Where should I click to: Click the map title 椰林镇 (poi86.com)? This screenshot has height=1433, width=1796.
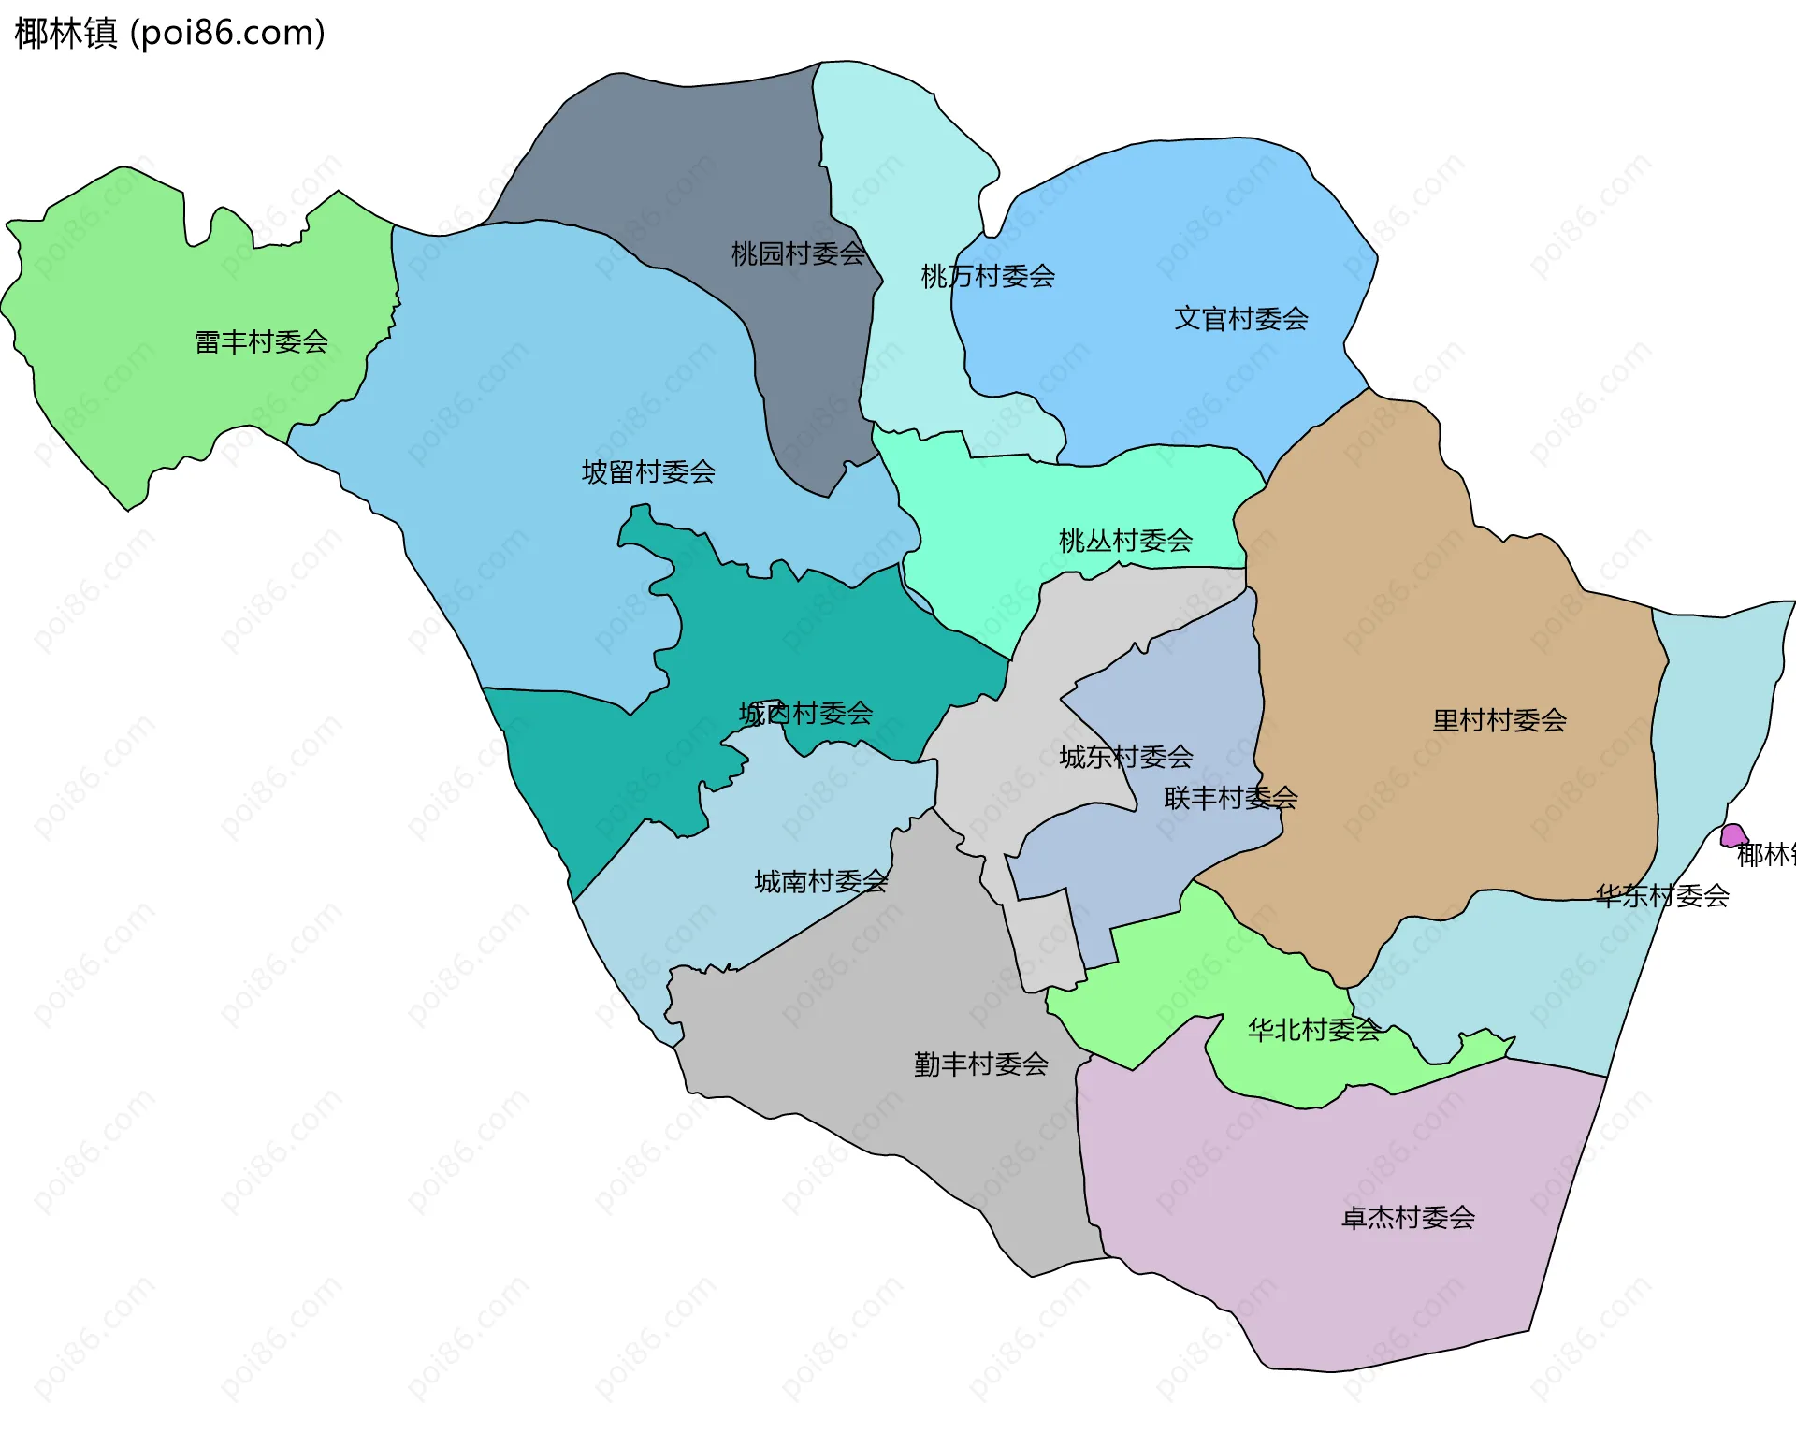(x=169, y=33)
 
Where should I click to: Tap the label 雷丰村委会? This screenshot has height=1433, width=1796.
(x=261, y=342)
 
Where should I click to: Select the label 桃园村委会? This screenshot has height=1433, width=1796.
(x=798, y=253)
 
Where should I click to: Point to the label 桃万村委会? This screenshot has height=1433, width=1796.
(x=988, y=276)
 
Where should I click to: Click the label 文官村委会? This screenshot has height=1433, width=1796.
(x=1240, y=319)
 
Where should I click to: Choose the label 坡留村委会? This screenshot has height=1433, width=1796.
(x=648, y=471)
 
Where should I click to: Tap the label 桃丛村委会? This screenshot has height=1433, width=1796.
(x=1125, y=541)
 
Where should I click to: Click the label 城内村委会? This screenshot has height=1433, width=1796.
(x=805, y=714)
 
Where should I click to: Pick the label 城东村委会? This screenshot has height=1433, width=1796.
(x=1125, y=757)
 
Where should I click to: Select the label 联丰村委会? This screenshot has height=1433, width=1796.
(x=1230, y=798)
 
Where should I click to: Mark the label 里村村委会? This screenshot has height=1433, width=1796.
(x=1499, y=720)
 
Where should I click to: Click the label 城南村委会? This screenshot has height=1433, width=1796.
(x=820, y=881)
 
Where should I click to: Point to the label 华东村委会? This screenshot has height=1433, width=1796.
(x=1661, y=896)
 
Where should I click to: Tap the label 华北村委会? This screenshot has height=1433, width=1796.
(x=1313, y=1030)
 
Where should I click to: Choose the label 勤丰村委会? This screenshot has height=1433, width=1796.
(x=980, y=1064)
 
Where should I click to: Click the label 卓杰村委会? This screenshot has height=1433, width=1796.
(x=1408, y=1217)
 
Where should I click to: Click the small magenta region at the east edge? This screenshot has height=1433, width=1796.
(x=1733, y=834)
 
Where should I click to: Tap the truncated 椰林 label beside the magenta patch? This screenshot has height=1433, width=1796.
(x=1765, y=854)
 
